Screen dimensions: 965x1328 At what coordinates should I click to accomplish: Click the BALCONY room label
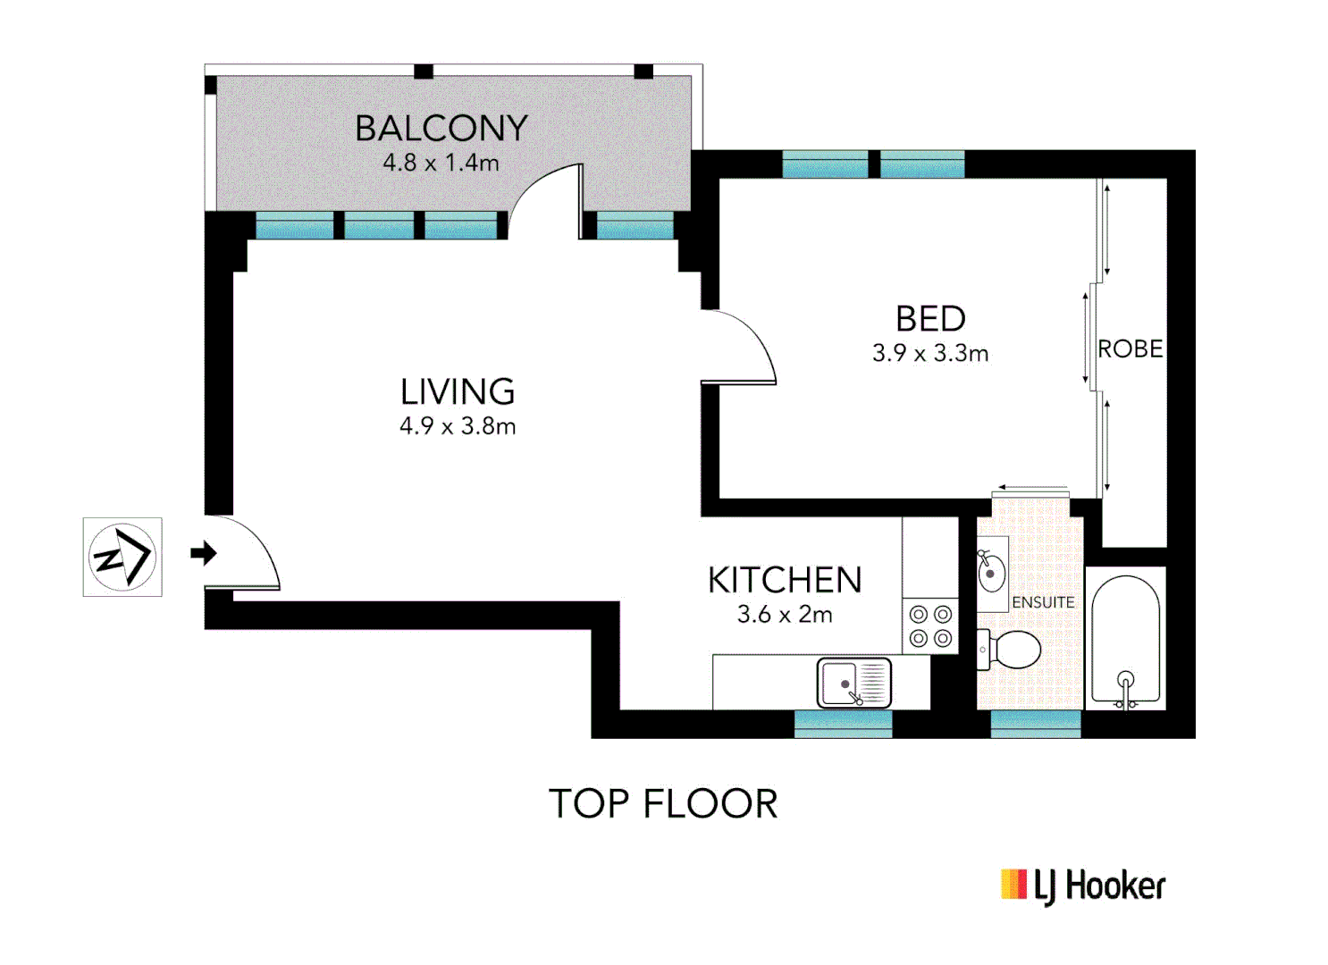pos(441,129)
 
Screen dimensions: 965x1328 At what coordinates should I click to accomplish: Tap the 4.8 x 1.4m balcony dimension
pos(441,163)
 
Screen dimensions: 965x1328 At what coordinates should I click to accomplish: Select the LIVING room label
pos(458,391)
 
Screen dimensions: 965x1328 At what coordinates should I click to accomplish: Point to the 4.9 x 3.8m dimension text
pos(458,426)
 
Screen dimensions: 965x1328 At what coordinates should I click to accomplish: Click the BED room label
pos(930,319)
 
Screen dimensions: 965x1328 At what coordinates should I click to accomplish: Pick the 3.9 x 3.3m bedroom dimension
pos(930,354)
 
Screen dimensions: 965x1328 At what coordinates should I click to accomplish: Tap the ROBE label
pos(1130,349)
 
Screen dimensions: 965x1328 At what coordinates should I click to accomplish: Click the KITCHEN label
pos(785,581)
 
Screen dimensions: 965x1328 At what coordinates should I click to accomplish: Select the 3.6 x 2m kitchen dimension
pos(785,615)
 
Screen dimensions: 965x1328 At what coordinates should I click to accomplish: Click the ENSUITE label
pos(1043,603)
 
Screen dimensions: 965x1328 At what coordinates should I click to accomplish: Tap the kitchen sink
pos(853,683)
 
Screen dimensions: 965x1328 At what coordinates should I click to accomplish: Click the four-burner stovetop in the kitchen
pos(929,625)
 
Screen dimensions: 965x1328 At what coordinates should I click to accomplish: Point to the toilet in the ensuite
pos(1012,650)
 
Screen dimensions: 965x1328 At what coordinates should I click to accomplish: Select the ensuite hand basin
pos(991,572)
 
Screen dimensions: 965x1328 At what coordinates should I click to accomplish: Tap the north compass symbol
pos(122,557)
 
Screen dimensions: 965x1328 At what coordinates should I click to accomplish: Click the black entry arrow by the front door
pos(204,553)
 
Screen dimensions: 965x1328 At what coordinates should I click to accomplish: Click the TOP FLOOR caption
pos(663,804)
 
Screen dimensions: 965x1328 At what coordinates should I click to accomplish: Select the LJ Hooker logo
pos(1083,885)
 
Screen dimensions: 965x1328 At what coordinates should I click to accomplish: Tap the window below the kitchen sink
pos(843,724)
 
